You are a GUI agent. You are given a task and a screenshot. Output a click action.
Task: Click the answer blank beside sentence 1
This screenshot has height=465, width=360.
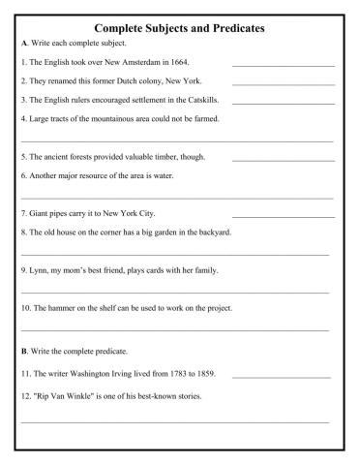click(283, 66)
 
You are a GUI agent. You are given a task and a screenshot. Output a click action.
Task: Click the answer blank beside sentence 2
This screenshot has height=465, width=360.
click(283, 84)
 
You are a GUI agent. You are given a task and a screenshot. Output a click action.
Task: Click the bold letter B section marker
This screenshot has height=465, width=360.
click(23, 350)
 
